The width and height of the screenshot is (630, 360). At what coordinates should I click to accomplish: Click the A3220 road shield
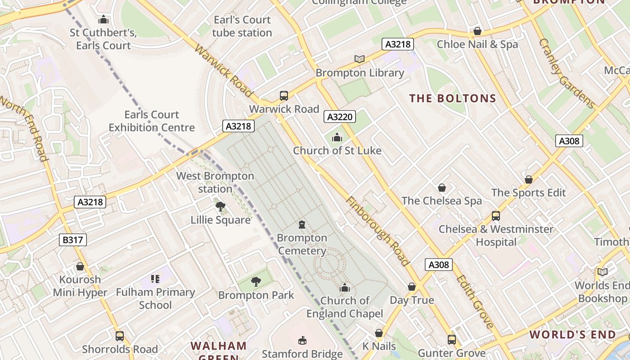[340, 117]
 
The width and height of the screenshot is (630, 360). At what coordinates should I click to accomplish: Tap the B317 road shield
[72, 240]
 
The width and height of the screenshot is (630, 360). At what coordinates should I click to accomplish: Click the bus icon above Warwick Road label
[283, 95]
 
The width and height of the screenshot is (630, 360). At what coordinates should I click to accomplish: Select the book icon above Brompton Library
[359, 59]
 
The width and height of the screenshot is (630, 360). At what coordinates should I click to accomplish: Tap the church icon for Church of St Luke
[337, 138]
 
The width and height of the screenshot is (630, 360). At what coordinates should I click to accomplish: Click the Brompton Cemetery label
[302, 244]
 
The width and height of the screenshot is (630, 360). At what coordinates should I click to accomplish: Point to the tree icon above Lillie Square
[220, 207]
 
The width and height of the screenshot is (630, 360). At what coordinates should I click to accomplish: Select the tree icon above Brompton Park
[256, 282]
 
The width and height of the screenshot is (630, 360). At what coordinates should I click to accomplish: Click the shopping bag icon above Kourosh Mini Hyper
[80, 266]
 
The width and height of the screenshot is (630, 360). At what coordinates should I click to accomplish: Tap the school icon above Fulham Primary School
[155, 279]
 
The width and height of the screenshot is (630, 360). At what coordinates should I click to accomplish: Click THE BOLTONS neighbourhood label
[453, 98]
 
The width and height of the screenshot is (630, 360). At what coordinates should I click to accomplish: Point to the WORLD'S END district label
[572, 334]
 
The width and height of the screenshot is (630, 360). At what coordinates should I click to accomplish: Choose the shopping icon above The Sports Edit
[529, 180]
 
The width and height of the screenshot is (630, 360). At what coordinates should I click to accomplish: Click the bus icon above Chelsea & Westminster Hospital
[495, 216]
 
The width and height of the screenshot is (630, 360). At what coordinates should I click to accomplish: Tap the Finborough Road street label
[377, 231]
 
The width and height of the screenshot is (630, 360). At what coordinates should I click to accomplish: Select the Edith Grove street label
[475, 301]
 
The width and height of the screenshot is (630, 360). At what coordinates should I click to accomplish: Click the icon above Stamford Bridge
[302, 340]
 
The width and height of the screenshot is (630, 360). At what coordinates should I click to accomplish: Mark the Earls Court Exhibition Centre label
[152, 121]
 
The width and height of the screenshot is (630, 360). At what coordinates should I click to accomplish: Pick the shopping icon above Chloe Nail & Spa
[477, 31]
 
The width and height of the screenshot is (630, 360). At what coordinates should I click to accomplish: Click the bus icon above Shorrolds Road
[120, 336]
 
